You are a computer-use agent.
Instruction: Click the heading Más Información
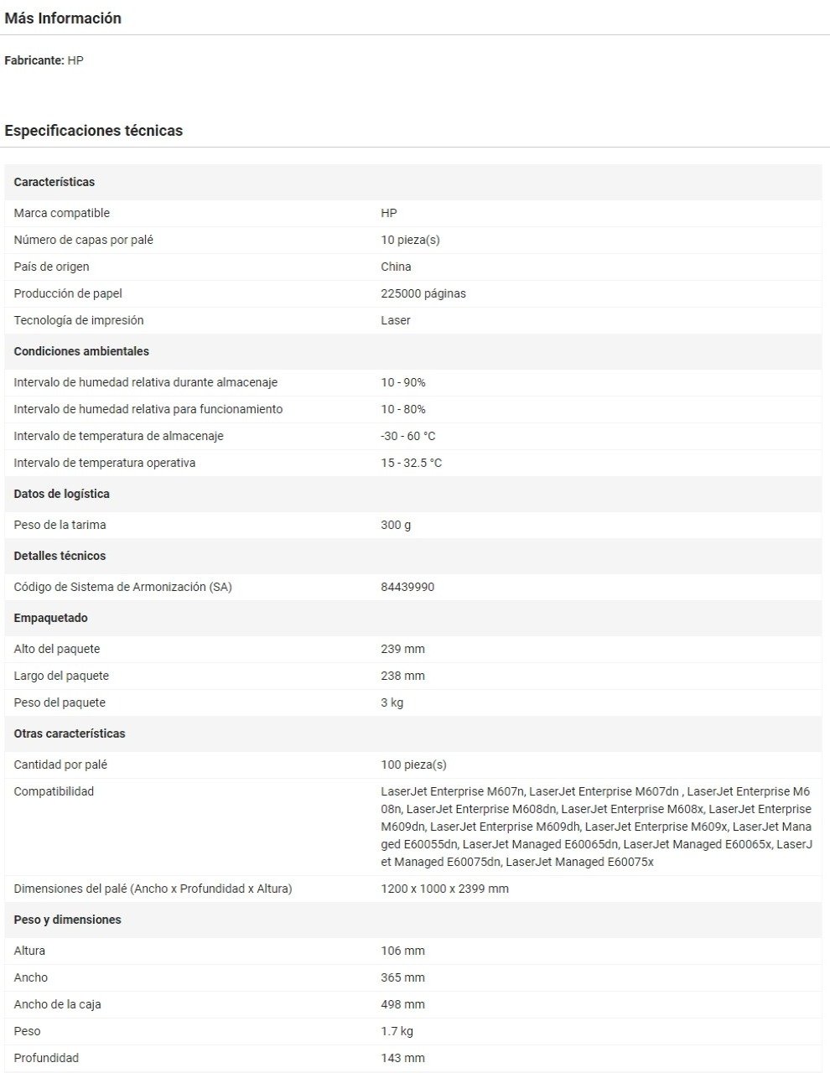[x=63, y=18]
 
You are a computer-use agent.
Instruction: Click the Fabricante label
[x=34, y=60]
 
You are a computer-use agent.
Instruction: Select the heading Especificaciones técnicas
[x=93, y=131]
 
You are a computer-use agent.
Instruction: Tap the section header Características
[x=54, y=182]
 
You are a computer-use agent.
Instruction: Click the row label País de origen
[x=51, y=267]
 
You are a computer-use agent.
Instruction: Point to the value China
[x=396, y=267]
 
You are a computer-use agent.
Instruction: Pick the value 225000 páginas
[x=423, y=293]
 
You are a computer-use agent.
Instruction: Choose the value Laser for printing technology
[x=395, y=320]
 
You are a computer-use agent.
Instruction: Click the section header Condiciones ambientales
[x=81, y=351]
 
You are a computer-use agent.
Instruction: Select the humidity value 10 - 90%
[x=402, y=382]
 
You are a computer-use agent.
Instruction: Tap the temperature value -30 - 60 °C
[x=407, y=436]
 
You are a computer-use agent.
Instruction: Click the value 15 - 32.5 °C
[x=411, y=463]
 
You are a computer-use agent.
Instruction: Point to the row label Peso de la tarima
[x=60, y=525]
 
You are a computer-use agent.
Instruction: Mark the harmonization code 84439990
[x=407, y=587]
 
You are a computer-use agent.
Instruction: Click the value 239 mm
[x=402, y=649]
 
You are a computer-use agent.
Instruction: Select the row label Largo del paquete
[x=61, y=676]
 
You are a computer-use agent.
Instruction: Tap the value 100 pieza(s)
[x=413, y=765]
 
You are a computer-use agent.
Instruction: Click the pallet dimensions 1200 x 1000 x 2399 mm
[x=444, y=889]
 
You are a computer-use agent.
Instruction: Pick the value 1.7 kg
[x=397, y=1031]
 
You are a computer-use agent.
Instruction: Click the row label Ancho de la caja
[x=57, y=1004]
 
